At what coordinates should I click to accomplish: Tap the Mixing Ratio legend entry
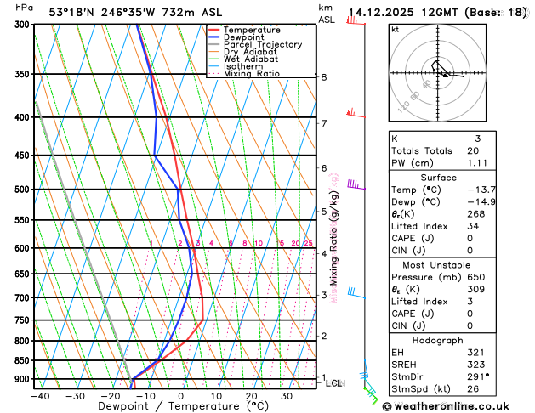[250, 74]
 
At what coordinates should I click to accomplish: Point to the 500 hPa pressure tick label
[22, 190]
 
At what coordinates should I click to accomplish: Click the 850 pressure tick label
[22, 360]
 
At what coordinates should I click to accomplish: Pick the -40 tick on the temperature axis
[40, 395]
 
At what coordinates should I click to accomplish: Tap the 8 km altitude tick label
[323, 77]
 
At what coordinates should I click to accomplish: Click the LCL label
[335, 383]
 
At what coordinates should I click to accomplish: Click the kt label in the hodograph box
[395, 29]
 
